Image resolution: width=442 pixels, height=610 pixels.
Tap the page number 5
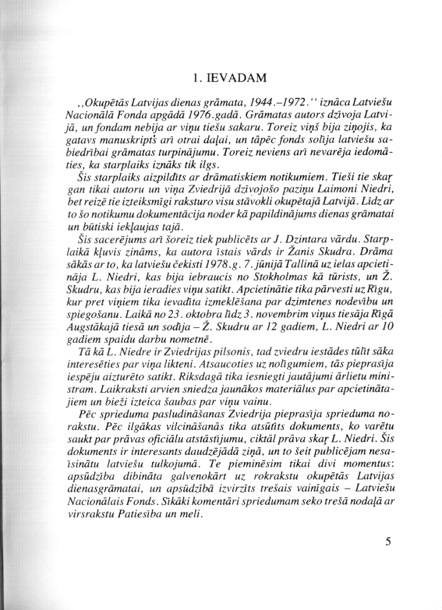tap(388, 541)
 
